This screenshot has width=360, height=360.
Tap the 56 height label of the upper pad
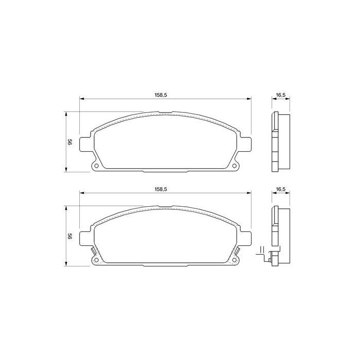click(69, 142)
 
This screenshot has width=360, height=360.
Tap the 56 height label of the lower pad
click(69, 237)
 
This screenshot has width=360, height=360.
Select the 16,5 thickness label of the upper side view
click(280, 95)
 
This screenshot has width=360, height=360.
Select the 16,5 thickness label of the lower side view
click(280, 189)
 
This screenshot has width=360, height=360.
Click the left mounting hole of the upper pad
click(96, 166)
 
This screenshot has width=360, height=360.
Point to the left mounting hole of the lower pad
click(96, 260)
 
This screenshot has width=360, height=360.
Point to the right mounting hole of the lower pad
click(235, 260)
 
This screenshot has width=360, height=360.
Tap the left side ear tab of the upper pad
click(85, 142)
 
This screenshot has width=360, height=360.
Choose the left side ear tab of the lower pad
click(85, 237)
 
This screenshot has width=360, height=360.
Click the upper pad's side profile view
click(280, 141)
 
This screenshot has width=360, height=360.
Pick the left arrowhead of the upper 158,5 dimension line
click(81, 99)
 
